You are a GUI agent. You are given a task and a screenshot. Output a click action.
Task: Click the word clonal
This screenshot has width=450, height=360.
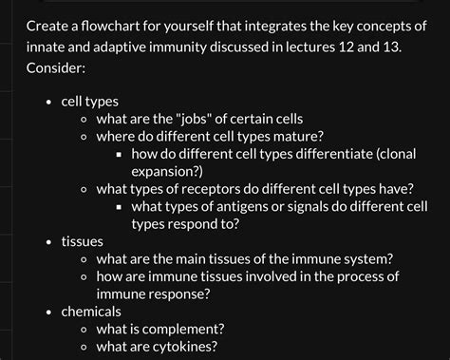(399, 153)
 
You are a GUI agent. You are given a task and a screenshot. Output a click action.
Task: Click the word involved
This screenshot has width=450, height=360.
(281, 276)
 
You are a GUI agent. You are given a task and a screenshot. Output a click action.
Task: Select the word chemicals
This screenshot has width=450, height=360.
(91, 312)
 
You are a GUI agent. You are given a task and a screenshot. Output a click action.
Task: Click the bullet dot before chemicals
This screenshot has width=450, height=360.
(48, 312)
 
